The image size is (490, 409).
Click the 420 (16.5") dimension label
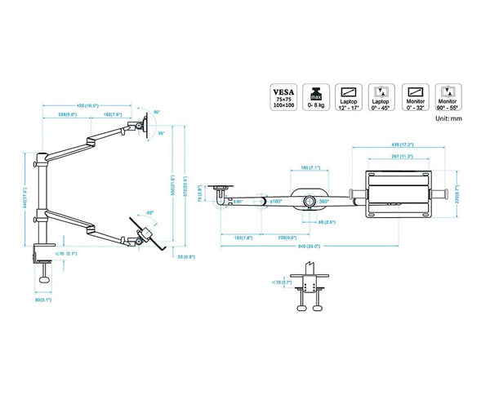tap(89, 105)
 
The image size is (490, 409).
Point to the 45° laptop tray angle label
tap(150, 213)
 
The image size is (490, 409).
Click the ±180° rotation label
tap(276, 200)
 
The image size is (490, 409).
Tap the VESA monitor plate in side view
tap(145, 125)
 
